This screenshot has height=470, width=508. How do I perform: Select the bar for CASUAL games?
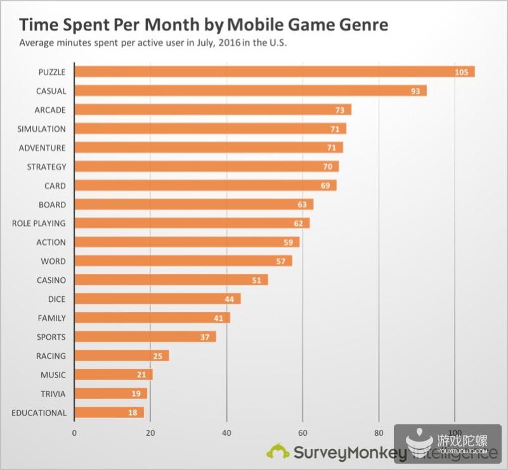click(x=250, y=91)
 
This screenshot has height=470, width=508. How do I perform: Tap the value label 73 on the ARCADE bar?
click(x=340, y=110)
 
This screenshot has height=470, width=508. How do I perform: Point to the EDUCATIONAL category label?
click(x=39, y=413)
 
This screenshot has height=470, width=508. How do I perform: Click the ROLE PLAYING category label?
click(x=39, y=223)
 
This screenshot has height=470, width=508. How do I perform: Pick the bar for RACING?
click(x=121, y=356)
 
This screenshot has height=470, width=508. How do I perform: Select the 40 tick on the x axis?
click(x=226, y=433)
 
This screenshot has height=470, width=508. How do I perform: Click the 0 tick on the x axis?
click(x=74, y=433)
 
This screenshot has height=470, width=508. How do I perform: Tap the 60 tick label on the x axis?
click(x=303, y=433)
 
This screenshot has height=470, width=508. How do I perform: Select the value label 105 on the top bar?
click(x=462, y=72)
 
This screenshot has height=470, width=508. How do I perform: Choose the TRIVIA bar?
click(x=110, y=394)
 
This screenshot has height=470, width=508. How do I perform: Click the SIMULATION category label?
click(x=41, y=129)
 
